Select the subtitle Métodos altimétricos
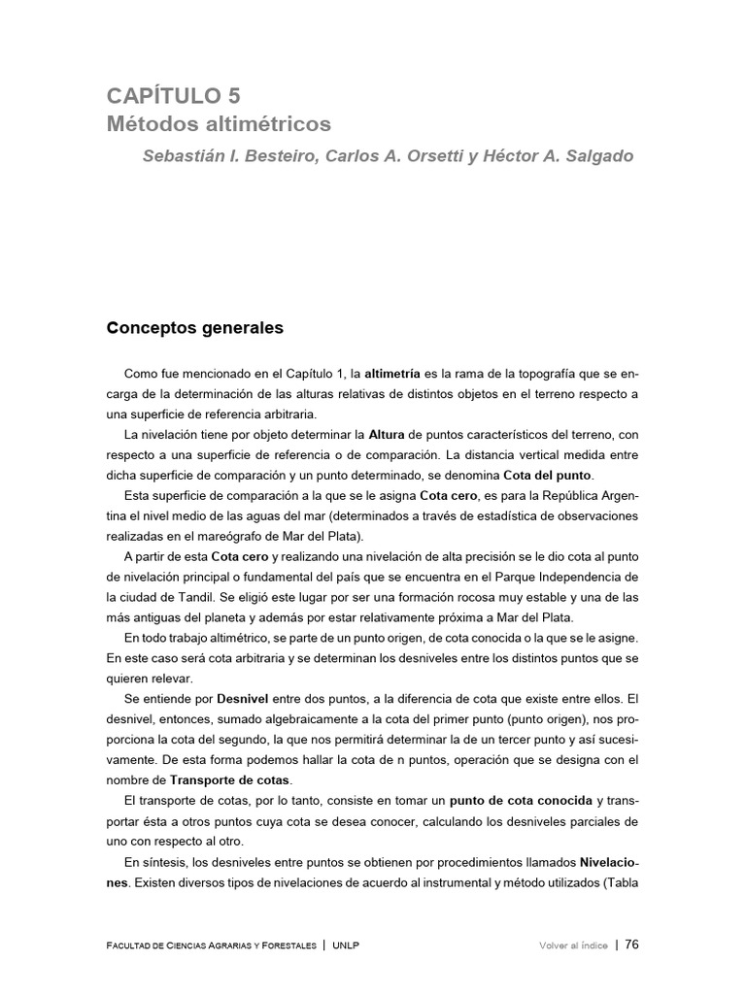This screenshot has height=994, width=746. coord(219,125)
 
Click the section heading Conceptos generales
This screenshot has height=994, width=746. coord(194,328)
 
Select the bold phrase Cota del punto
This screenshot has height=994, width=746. coord(547,475)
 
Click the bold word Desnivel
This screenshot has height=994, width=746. coord(220,699)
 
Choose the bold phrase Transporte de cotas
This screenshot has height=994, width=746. coord(230,780)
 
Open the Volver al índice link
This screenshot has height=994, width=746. coord(573,945)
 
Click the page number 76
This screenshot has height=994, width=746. coord(631,944)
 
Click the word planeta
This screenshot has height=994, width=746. coord(254,617)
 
